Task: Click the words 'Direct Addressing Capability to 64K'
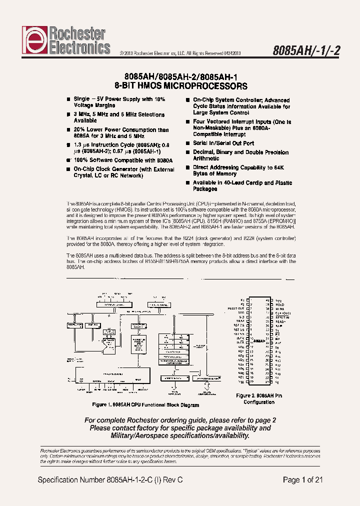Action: coord(239,167)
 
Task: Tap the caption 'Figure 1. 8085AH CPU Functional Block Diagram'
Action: coord(145,405)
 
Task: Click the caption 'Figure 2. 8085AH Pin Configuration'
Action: coord(258,398)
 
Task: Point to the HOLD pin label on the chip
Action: coord(279,304)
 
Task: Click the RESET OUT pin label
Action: coord(236,308)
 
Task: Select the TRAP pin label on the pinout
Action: coord(240,321)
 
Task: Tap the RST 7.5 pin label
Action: coord(239,325)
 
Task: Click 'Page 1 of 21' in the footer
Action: coord(302,480)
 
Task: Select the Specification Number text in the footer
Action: coord(110,480)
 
